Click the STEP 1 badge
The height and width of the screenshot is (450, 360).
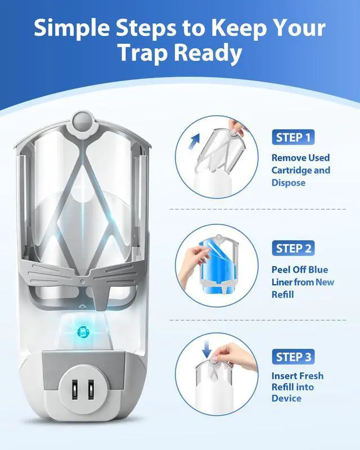[x=293, y=137]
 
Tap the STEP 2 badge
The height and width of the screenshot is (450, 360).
[x=293, y=248]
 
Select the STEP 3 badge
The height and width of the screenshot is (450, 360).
[x=293, y=357]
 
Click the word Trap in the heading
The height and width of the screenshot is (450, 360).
[x=143, y=53]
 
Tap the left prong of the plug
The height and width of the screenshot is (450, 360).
[x=75, y=389]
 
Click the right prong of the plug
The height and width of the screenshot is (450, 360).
[x=91, y=389]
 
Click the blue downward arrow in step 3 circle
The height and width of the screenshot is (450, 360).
[x=206, y=349]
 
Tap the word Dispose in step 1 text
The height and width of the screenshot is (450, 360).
[x=288, y=183]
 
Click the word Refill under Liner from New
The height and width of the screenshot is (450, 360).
[x=282, y=294]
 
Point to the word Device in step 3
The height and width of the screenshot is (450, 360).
[x=286, y=398]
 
